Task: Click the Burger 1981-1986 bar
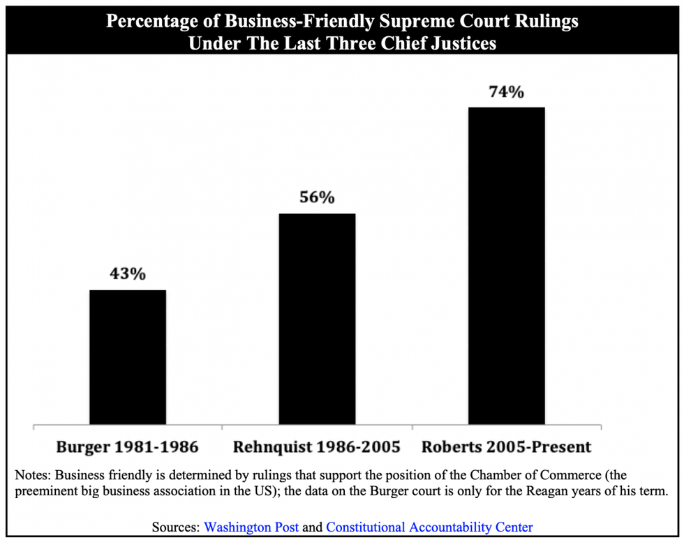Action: pyautogui.click(x=128, y=356)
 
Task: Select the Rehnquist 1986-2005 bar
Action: pyautogui.click(x=317, y=318)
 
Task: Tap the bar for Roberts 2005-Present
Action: pyautogui.click(x=506, y=265)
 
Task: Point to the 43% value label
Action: pyautogui.click(x=128, y=274)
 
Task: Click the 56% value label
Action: pyautogui.click(x=317, y=197)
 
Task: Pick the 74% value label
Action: pyautogui.click(x=506, y=91)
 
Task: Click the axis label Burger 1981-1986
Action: pyautogui.click(x=128, y=446)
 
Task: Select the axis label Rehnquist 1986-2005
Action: pyautogui.click(x=317, y=446)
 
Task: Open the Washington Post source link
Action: pyautogui.click(x=252, y=527)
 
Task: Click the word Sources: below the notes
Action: pyautogui.click(x=176, y=527)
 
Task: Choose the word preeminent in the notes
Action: pyautogui.click(x=48, y=492)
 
